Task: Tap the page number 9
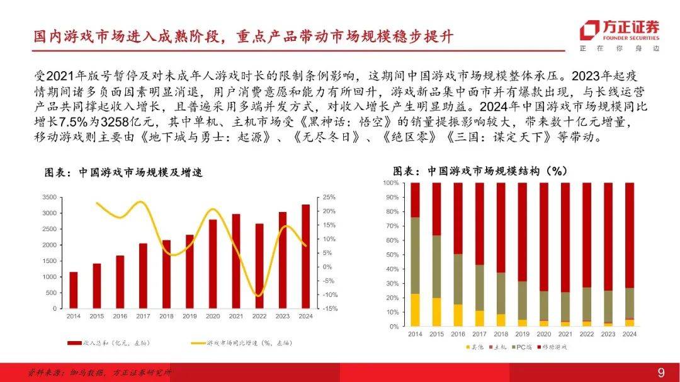pos(661,373)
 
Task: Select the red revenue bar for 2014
pos(74,290)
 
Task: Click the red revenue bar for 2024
pos(305,257)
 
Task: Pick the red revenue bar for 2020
pos(213,264)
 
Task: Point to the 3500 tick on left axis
pos(49,197)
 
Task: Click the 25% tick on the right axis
pos(329,197)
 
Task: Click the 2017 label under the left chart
pos(143,316)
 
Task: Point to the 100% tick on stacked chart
pos(390,183)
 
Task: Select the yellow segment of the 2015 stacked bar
pos(436,312)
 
